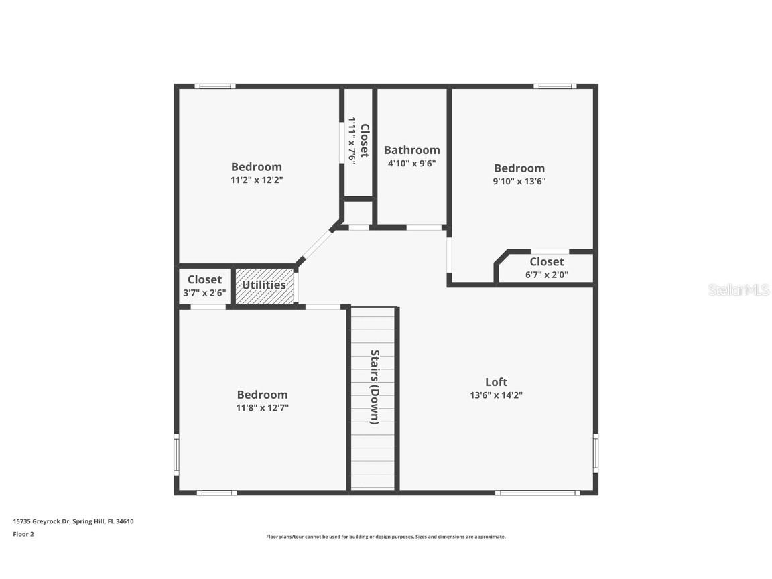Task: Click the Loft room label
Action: point(496,382)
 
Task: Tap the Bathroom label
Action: point(411,150)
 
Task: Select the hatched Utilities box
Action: point(264,285)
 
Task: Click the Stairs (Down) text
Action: point(375,387)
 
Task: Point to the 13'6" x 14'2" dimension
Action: point(496,395)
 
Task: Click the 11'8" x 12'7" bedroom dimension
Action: point(263,407)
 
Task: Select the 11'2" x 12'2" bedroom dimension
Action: point(257,180)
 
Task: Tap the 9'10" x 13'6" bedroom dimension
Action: point(519,181)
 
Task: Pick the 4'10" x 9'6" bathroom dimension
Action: point(411,163)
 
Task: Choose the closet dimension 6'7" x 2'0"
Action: point(547,274)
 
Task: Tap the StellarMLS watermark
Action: point(738,290)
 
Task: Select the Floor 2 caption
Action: point(23,534)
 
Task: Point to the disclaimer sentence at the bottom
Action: point(386,537)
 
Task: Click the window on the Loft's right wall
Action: point(595,453)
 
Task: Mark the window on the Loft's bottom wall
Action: point(537,493)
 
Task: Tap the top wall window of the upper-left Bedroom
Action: point(215,86)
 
